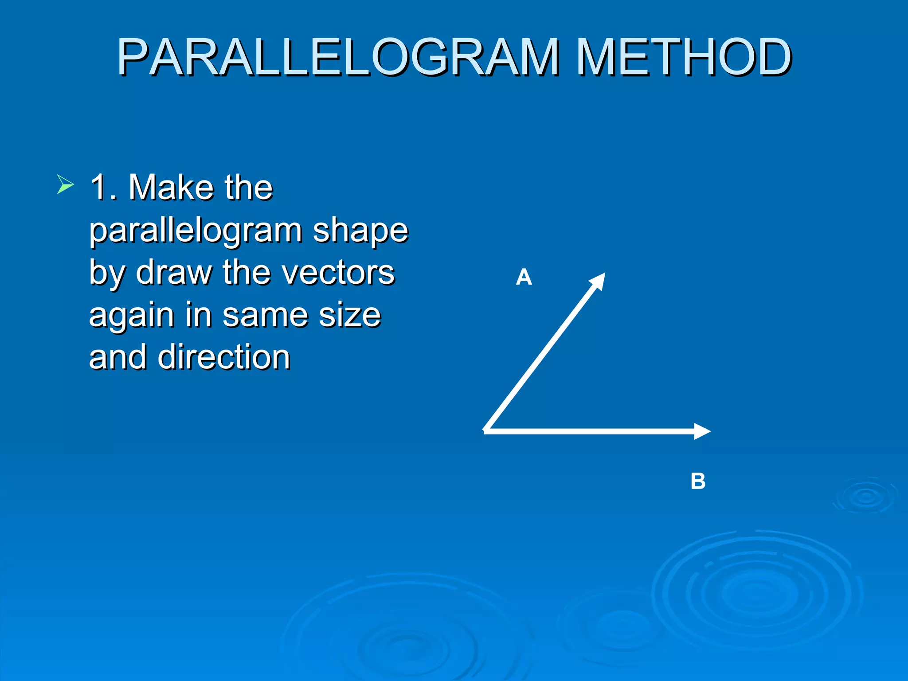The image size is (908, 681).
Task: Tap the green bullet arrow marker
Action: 65,184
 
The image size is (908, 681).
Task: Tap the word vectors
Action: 337,272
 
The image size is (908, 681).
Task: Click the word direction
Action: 224,357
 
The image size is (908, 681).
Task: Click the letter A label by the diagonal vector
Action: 524,278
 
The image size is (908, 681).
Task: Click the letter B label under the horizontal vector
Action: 698,481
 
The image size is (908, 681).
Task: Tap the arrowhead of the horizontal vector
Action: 703,431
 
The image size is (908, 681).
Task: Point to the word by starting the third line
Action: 106,273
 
